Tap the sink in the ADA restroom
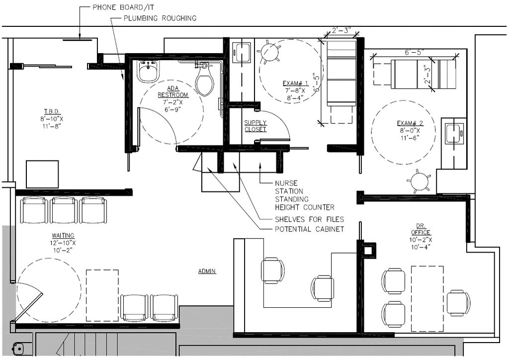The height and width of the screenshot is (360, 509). (148, 71)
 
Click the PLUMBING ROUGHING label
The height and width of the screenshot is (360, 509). (160, 18)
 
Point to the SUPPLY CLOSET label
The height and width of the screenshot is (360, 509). (255, 126)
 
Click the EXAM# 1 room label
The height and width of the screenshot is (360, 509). (295, 84)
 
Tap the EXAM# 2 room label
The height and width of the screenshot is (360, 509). (410, 123)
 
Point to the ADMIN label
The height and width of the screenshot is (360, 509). (207, 271)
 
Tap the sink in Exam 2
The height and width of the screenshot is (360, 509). (454, 133)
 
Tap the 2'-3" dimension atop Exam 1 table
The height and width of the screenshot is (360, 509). (339, 31)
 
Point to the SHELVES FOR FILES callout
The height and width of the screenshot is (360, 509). (309, 219)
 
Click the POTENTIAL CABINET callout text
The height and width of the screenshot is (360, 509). (309, 229)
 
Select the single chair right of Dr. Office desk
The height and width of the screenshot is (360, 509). (458, 303)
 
